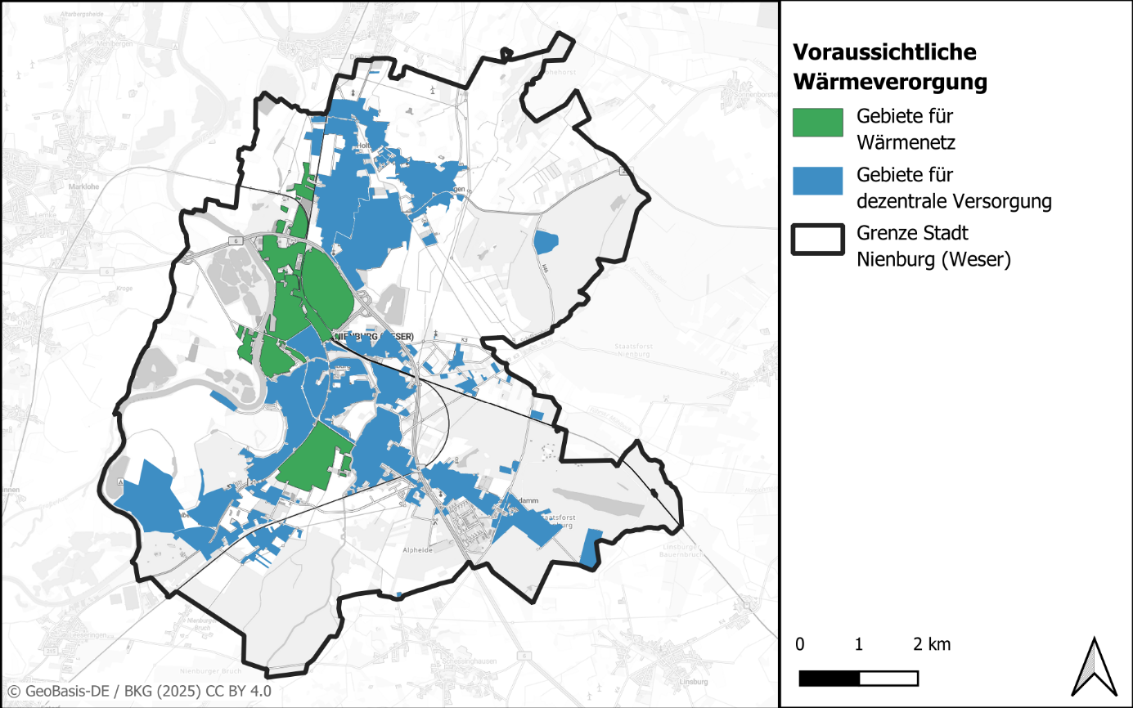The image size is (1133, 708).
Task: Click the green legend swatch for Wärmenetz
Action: (818, 122)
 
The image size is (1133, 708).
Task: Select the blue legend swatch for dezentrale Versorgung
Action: (818, 181)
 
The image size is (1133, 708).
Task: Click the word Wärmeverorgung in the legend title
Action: (890, 83)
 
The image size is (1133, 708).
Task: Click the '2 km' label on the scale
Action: (932, 644)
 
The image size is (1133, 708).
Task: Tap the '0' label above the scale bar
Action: (799, 644)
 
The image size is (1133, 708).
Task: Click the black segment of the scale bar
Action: (829, 679)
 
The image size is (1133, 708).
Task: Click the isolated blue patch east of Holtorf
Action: (544, 242)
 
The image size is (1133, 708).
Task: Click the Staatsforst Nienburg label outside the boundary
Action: (635, 350)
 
